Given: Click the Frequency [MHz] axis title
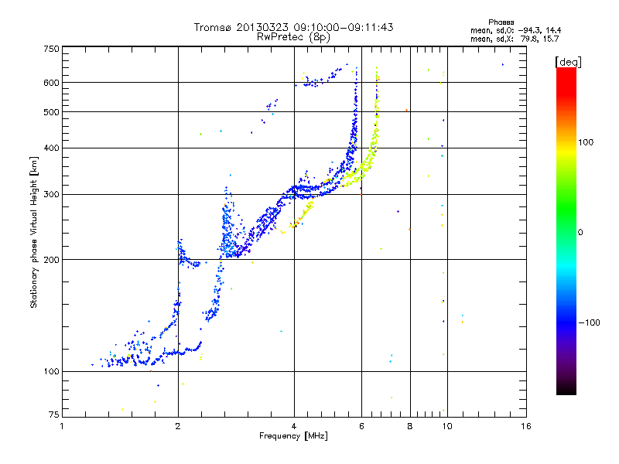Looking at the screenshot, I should point(294,437).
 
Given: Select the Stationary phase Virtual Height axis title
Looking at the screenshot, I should point(34,232).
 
